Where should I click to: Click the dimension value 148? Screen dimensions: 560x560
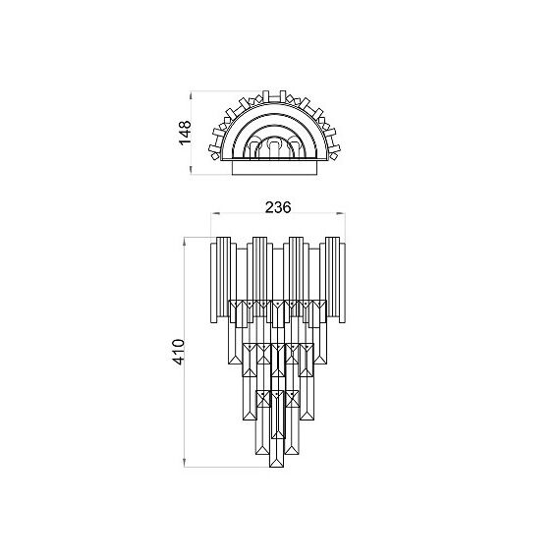click(x=186, y=133)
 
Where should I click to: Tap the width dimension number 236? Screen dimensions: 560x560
click(x=278, y=207)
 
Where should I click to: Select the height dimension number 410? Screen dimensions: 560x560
click(x=179, y=352)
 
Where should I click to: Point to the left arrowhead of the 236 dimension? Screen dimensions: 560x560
click(x=215, y=213)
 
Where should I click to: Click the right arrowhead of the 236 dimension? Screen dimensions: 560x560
click(x=341, y=213)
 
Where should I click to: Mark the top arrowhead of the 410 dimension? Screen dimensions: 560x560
click(x=185, y=242)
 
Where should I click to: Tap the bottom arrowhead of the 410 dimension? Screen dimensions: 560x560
click(x=185, y=463)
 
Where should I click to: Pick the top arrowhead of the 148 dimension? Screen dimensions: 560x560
click(x=191, y=95)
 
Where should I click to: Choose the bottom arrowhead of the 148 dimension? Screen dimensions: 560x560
click(x=191, y=170)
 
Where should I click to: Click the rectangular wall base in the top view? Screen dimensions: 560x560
click(x=274, y=168)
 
